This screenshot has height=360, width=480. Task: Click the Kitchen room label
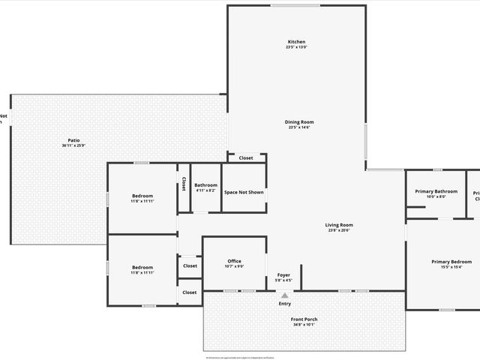click(296, 41)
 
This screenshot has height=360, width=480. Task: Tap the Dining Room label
click(298, 121)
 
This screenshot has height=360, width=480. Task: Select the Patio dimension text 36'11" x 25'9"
click(73, 145)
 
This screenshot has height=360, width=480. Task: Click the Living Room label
click(338, 224)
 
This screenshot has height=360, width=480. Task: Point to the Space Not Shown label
click(244, 192)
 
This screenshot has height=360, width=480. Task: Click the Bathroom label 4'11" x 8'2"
click(205, 185)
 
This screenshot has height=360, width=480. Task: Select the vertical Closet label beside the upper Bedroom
click(183, 184)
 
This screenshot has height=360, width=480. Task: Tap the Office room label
click(235, 261)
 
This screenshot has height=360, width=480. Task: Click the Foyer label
click(283, 274)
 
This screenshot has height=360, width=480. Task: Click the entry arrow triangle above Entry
click(284, 296)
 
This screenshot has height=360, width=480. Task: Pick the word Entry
click(285, 304)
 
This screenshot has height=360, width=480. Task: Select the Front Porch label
click(304, 319)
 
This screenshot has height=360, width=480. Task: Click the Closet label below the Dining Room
click(246, 158)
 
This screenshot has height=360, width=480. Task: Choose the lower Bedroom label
click(142, 267)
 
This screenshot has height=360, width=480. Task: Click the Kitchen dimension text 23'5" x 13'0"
click(296, 47)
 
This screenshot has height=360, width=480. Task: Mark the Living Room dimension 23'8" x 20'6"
click(338, 230)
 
